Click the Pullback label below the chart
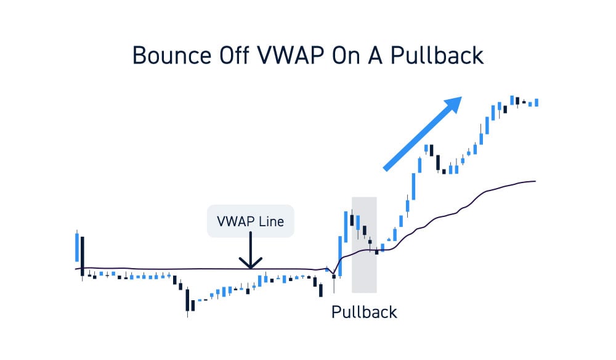click(364, 311)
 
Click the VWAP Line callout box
click(250, 221)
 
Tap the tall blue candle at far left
click(77, 247)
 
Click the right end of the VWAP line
click(535, 181)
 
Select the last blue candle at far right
click(537, 102)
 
